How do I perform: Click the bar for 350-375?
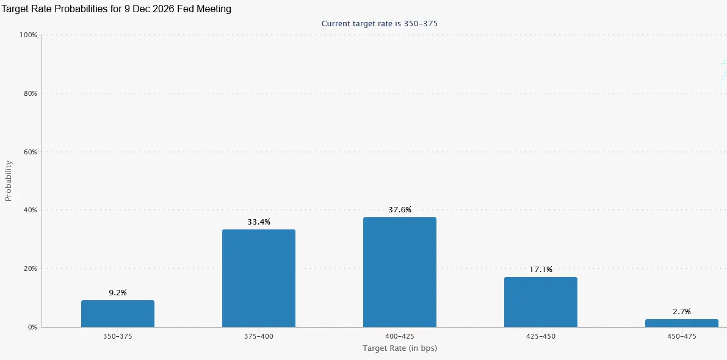(118, 314)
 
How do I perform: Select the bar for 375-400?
(259, 278)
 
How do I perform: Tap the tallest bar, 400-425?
(400, 272)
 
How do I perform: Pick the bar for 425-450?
(541, 302)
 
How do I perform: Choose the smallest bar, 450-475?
(682, 323)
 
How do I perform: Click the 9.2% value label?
(118, 293)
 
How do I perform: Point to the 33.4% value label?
(259, 222)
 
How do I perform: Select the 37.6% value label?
(400, 210)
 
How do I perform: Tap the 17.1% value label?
(541, 270)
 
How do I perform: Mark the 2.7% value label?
(682, 312)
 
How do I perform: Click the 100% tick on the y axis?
(28, 35)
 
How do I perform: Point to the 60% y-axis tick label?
(30, 152)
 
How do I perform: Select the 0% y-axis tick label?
(32, 327)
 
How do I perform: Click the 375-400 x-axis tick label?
(259, 336)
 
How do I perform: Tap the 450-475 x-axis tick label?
(682, 336)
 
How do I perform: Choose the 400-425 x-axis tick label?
(400, 336)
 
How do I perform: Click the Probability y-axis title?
(9, 181)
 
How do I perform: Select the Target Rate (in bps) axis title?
(400, 348)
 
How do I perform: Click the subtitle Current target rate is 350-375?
(379, 23)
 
